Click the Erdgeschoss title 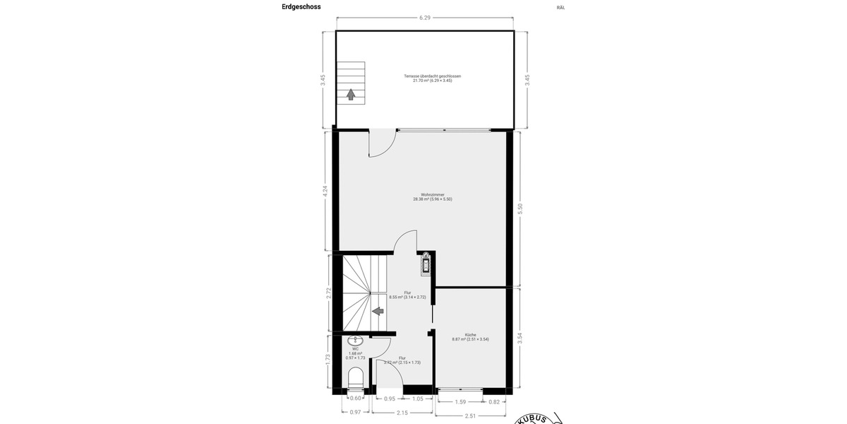click(301, 7)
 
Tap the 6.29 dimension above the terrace click(425, 18)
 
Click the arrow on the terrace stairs click(350, 95)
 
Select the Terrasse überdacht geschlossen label click(432, 78)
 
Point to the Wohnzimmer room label click(432, 196)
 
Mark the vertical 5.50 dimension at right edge click(521, 209)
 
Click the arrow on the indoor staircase click(378, 310)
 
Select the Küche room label click(470, 337)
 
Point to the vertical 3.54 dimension click(521, 338)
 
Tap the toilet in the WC click(356, 377)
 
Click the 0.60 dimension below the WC click(355, 399)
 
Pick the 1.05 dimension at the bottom click(418, 399)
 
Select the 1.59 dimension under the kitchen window click(459, 401)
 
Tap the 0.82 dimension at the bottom click(494, 401)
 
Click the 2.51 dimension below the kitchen click(471, 416)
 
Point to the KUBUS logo click(539, 418)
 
